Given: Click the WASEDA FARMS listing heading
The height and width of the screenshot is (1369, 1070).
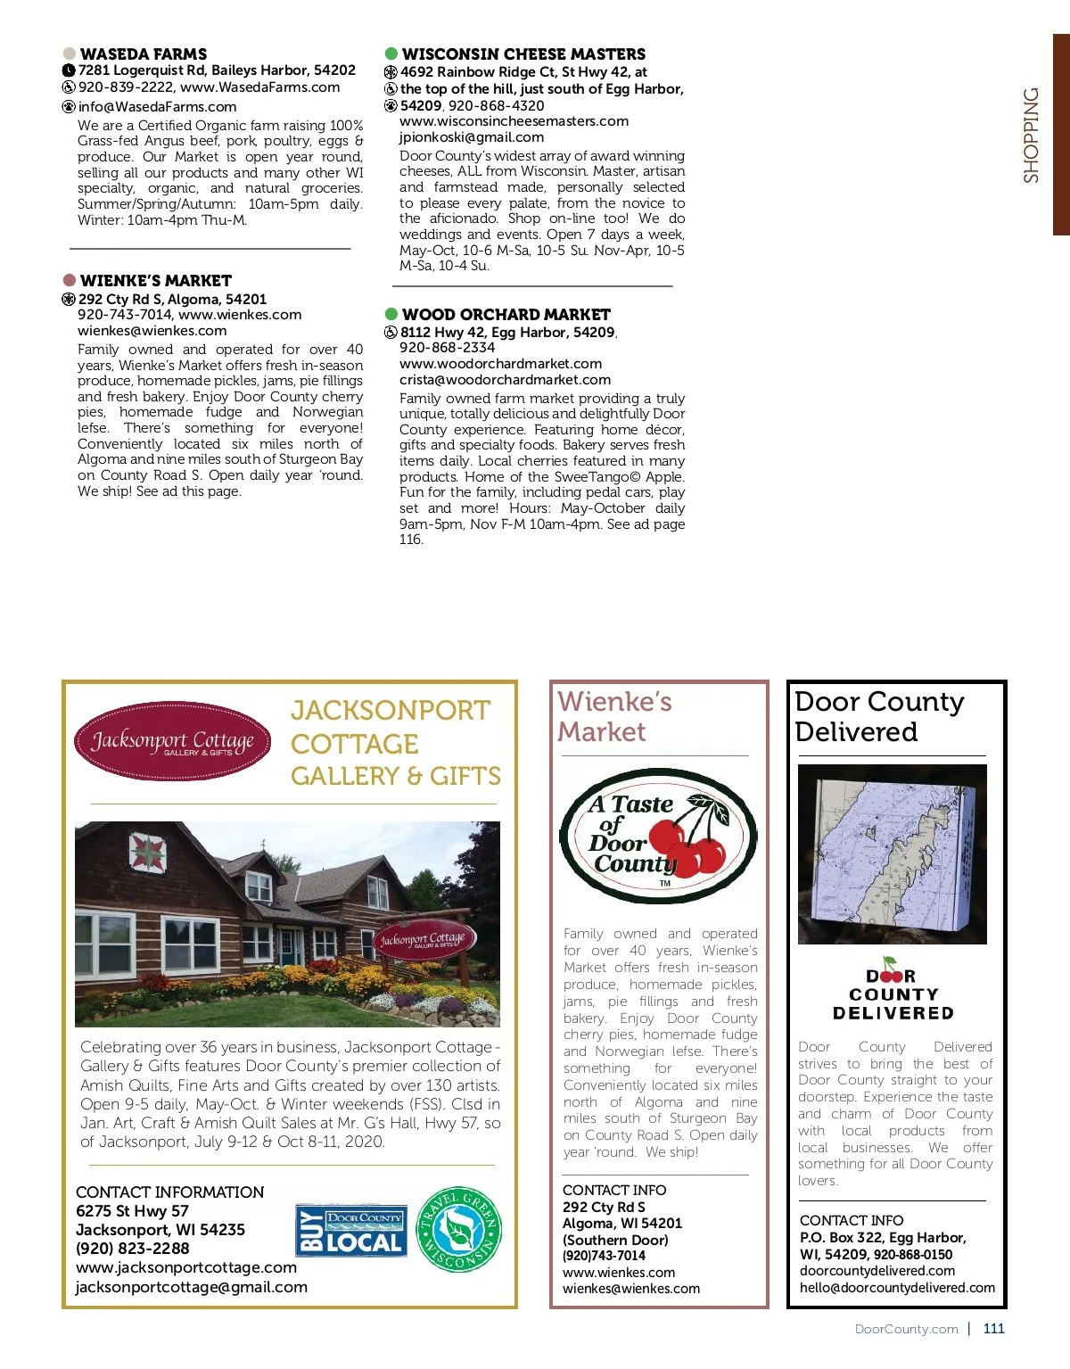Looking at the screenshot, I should pyautogui.click(x=143, y=54).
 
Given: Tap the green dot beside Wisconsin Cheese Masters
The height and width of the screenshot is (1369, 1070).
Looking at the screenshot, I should pyautogui.click(x=391, y=54).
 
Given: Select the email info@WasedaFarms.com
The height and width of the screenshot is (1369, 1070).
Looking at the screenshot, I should pyautogui.click(x=157, y=107).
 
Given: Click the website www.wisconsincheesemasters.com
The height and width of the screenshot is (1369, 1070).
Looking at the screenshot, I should pyautogui.click(x=514, y=121).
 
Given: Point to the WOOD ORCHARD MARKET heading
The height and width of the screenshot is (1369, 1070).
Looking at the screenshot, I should pyautogui.click(x=506, y=315).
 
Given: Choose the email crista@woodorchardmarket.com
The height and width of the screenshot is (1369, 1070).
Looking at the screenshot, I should pyautogui.click(x=505, y=380).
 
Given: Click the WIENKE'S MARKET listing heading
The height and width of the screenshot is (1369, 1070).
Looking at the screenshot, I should pyautogui.click(x=155, y=281).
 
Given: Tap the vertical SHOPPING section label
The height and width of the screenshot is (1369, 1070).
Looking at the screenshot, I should pyautogui.click(x=1031, y=136).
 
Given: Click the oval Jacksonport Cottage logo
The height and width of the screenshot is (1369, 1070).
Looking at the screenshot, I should pyautogui.click(x=173, y=741).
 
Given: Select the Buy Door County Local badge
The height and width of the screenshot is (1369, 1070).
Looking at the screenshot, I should pyautogui.click(x=351, y=1231).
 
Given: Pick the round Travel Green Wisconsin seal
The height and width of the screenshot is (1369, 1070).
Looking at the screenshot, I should pyautogui.click(x=460, y=1229).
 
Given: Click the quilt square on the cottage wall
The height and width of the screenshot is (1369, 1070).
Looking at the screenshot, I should pyautogui.click(x=148, y=854).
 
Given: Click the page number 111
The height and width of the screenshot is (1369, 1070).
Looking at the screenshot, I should pyautogui.click(x=993, y=1329).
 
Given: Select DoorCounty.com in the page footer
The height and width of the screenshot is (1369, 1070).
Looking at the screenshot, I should pyautogui.click(x=906, y=1329).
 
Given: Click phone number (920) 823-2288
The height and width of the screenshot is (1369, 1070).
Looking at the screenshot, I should pyautogui.click(x=133, y=1249).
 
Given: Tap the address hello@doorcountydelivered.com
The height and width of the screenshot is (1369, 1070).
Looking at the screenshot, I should pyautogui.click(x=897, y=1288).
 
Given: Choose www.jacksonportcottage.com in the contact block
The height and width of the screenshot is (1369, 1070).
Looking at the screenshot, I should pyautogui.click(x=186, y=1267).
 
